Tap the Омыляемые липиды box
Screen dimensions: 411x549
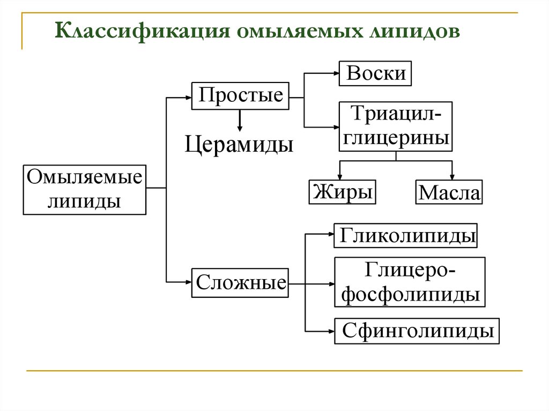pyautogui.click(x=85, y=190)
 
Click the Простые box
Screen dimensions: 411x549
pyautogui.click(x=240, y=96)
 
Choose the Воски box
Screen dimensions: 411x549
pyautogui.click(x=376, y=73)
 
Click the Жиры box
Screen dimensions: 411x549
pyautogui.click(x=342, y=192)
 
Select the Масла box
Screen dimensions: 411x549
pyautogui.click(x=449, y=192)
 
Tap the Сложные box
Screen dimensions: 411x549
pyautogui.click(x=240, y=282)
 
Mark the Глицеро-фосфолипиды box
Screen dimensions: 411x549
pyautogui.click(x=410, y=282)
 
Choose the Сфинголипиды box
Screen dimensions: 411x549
pyautogui.click(x=417, y=331)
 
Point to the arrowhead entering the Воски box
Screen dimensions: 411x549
pyautogui.click(x=335, y=73)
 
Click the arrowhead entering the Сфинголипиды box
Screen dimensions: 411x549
pyautogui.click(x=331, y=331)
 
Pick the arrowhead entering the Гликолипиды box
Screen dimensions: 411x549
pyautogui.click(x=331, y=234)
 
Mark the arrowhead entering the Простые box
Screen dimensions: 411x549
pyautogui.click(x=188, y=98)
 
